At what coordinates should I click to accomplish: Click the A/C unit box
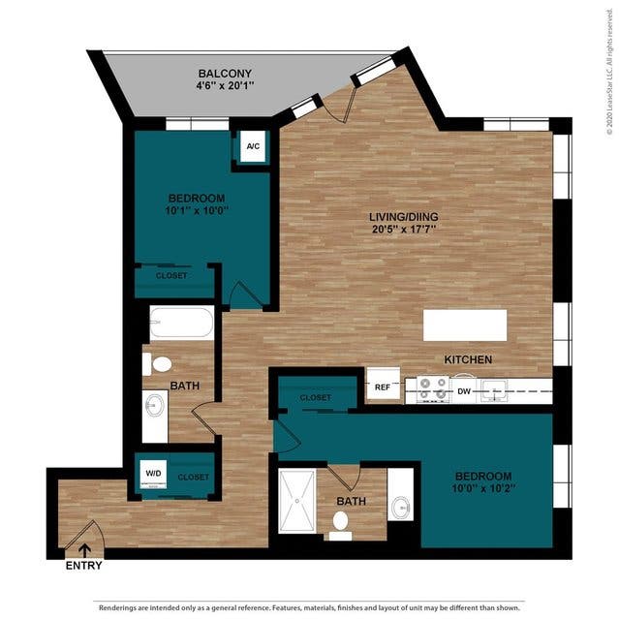click(x=253, y=146)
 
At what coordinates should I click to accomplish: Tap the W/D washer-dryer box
click(x=153, y=474)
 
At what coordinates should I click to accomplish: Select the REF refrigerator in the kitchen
click(x=383, y=386)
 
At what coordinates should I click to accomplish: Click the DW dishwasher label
click(x=464, y=391)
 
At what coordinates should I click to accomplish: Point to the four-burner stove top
click(x=433, y=390)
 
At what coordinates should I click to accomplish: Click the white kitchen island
click(x=465, y=325)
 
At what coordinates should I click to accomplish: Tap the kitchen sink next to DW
click(x=494, y=391)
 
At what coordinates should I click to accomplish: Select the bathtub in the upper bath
click(x=182, y=323)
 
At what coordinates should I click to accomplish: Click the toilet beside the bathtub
click(x=157, y=364)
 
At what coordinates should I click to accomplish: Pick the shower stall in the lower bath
click(x=297, y=501)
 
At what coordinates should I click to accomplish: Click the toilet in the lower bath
click(x=340, y=526)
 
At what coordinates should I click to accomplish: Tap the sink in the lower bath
click(x=401, y=506)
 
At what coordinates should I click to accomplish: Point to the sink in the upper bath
click(x=155, y=405)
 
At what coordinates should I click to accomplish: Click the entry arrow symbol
click(x=84, y=550)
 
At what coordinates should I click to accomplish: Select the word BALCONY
click(x=225, y=74)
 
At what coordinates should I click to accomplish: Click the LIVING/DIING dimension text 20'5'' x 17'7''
click(x=403, y=229)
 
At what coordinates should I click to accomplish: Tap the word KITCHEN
click(x=468, y=359)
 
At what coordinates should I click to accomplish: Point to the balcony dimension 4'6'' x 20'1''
click(x=225, y=85)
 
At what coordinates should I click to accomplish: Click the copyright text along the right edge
click(x=610, y=72)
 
